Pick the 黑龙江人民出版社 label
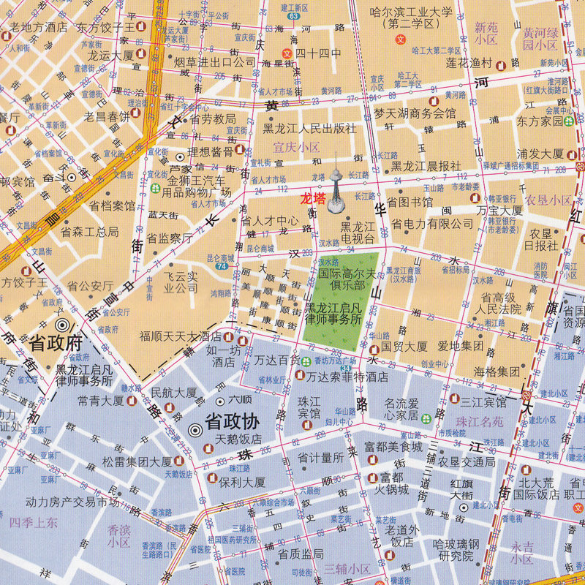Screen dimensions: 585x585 coord(309,128)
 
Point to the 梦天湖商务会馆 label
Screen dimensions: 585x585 coord(414,113)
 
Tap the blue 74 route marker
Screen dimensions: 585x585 coord(221,267)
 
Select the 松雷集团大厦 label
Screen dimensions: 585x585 coord(137,461)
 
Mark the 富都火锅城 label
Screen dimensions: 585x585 coord(388,483)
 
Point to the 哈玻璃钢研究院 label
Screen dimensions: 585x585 coord(455,550)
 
